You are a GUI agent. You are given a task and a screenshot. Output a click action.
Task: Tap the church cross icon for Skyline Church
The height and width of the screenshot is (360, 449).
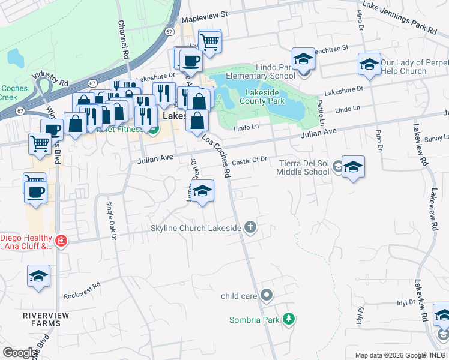pyautogui.click(x=251, y=227)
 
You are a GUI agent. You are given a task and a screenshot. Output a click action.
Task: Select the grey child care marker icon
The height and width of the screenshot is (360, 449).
pyautogui.click(x=268, y=295)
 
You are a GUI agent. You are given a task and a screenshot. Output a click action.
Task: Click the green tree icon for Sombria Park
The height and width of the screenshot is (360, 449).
pyautogui.click(x=289, y=319)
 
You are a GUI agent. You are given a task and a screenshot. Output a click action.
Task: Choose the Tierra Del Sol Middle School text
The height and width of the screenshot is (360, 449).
pyautogui.click(x=303, y=167)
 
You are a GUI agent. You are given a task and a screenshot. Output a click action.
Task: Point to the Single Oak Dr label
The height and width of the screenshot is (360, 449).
pyautogui.click(x=111, y=217)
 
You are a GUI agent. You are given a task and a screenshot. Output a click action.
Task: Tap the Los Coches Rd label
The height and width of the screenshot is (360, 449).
pyautogui.click(x=217, y=155)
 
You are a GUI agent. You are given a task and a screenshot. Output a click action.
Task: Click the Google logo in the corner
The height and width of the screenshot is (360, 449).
pyautogui.click(x=20, y=353)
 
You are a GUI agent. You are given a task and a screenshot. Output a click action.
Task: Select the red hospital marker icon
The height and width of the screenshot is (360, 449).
pyautogui.click(x=60, y=241)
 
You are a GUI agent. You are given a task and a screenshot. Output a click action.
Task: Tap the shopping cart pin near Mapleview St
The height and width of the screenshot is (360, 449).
pyautogui.click(x=209, y=41)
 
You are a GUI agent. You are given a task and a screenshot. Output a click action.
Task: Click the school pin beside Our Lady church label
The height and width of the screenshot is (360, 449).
pyautogui.click(x=369, y=64)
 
